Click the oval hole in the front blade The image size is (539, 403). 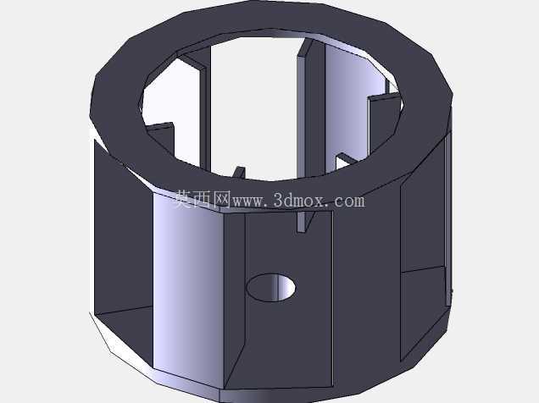pyautogui.click(x=271, y=288)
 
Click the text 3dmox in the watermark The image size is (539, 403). pyautogui.click(x=298, y=200)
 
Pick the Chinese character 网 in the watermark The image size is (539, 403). pyautogui.click(x=222, y=200)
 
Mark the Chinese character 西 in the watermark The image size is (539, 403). pyautogui.click(x=203, y=200)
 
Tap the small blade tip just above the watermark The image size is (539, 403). pyautogui.click(x=239, y=173)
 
